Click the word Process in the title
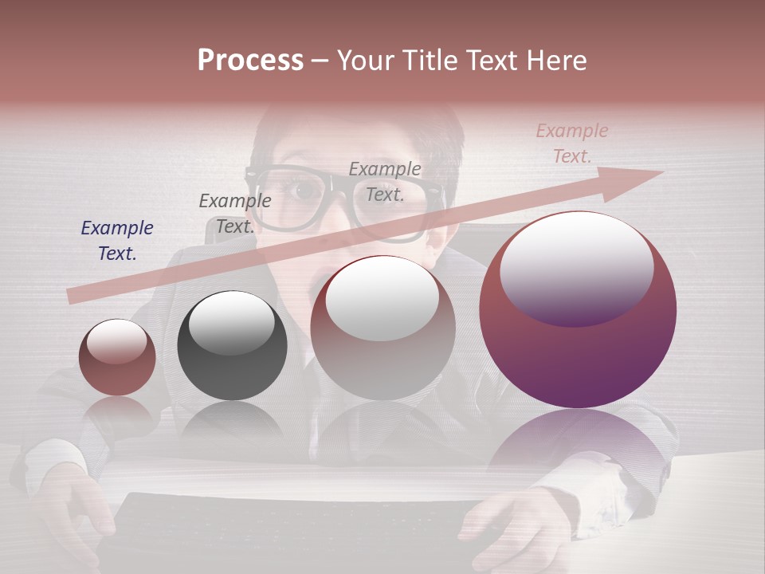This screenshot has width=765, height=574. [250, 61]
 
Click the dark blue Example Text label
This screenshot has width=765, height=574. [117, 240]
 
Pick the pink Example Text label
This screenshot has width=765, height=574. [571, 143]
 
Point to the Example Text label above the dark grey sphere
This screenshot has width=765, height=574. [234, 213]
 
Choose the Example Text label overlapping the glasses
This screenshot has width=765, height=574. [385, 181]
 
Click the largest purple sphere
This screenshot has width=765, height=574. [578, 351]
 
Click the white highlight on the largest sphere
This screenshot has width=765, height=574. [576, 267]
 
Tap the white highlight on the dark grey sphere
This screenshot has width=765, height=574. [231, 321]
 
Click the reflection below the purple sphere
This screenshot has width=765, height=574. [578, 446]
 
